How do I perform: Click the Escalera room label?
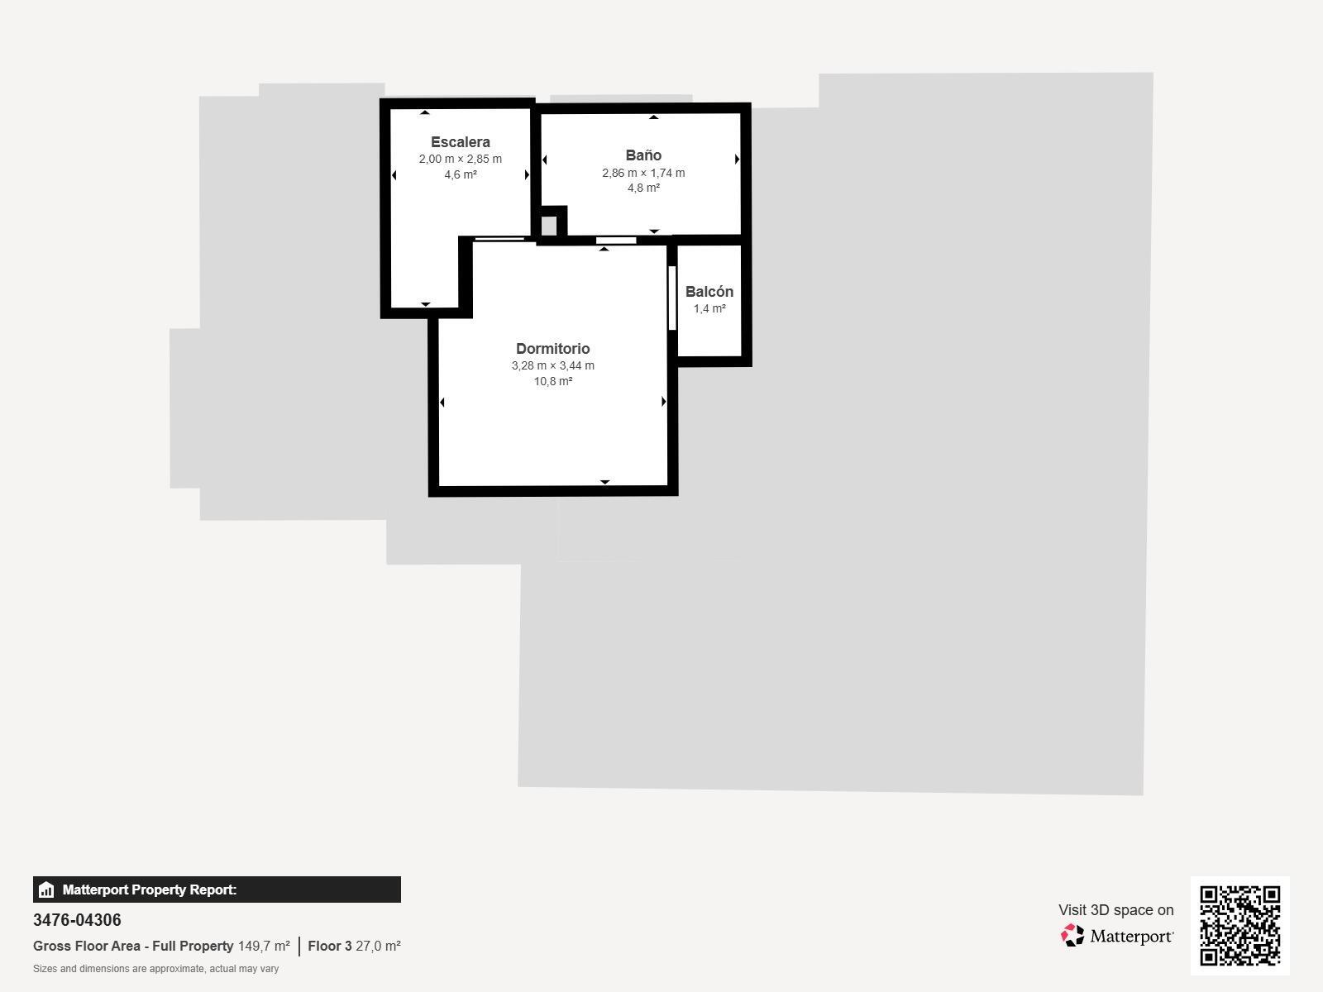click(461, 142)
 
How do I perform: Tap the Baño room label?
click(643, 155)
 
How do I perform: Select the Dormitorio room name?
click(552, 349)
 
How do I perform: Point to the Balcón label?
click(709, 292)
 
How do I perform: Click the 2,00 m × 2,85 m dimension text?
click(461, 159)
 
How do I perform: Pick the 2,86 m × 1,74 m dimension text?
click(643, 173)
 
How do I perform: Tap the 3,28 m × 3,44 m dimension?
click(552, 365)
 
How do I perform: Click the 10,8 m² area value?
click(552, 381)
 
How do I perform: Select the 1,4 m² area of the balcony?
click(709, 308)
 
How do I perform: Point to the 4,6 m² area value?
click(461, 174)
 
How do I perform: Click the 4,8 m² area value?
click(643, 188)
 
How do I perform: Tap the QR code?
click(1239, 926)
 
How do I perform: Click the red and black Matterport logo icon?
click(1072, 936)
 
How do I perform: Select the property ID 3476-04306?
click(77, 920)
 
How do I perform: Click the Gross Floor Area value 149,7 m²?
click(264, 947)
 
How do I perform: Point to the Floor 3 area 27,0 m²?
click(378, 947)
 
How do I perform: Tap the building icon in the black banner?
click(46, 889)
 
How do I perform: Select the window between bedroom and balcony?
click(672, 298)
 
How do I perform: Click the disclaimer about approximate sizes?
click(155, 969)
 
